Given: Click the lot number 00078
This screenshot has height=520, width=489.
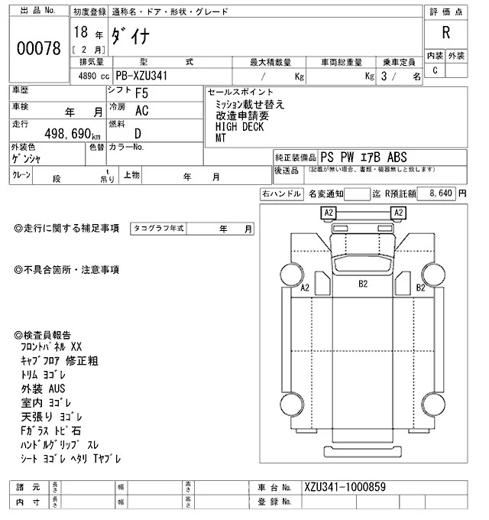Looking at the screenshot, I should pos(38,47).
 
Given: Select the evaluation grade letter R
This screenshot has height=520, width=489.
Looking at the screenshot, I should pos(445,34).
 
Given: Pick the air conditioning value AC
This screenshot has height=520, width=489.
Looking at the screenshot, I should pos(141,111).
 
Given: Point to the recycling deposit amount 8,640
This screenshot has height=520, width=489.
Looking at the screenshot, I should pos(441,194).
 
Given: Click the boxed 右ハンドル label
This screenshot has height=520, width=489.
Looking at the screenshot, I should pos(280,194).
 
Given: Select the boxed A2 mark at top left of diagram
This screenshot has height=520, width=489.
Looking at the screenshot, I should pos(329,212).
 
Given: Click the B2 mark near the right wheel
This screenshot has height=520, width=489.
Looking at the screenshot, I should pos(420,288).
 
